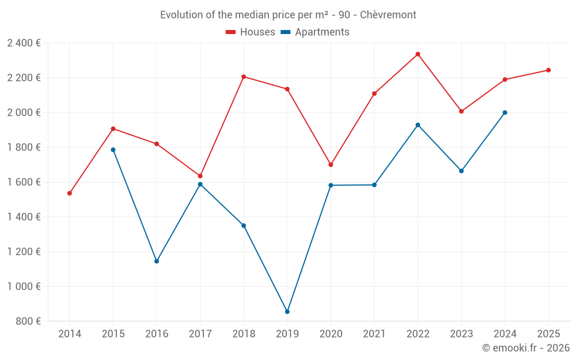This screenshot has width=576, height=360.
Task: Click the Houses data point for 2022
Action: [418, 54]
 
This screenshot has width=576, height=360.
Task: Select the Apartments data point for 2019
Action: [287, 312]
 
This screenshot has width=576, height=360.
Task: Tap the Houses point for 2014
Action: [69, 194]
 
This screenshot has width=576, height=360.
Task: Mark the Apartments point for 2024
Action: [505, 113]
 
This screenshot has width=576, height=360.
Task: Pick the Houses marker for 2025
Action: [548, 70]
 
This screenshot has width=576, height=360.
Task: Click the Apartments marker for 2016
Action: [157, 262]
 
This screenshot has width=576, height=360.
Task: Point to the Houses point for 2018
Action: [244, 77]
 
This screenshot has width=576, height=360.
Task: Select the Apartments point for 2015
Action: [113, 150]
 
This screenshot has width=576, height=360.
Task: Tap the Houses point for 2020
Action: [331, 165]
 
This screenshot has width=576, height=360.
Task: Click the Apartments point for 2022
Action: [418, 125]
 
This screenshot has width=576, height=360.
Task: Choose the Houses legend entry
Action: [250, 32]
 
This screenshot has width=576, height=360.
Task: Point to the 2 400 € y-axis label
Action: [24, 43]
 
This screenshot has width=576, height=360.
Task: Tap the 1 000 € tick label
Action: [24, 286]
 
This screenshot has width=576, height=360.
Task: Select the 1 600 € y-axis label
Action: [24, 182]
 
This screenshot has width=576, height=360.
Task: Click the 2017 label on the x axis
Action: [200, 334]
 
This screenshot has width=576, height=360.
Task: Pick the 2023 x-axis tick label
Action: [461, 334]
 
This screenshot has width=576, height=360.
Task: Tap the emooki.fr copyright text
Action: [525, 348]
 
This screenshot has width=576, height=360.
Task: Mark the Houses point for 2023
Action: [461, 111]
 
